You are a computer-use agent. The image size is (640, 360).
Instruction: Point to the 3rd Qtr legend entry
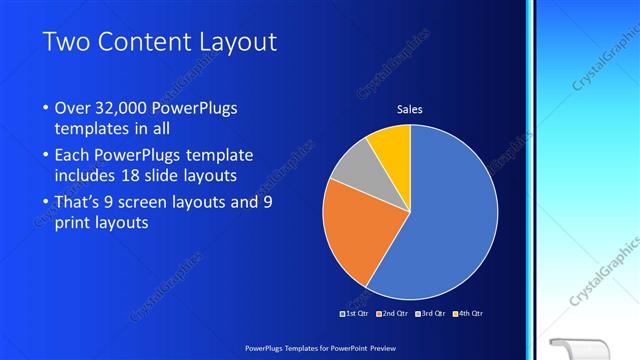pyautogui.click(x=431, y=313)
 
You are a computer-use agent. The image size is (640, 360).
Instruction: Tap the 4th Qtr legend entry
pyautogui.click(x=468, y=313)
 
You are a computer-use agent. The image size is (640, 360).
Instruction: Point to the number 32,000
pyautogui.click(x=118, y=108)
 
